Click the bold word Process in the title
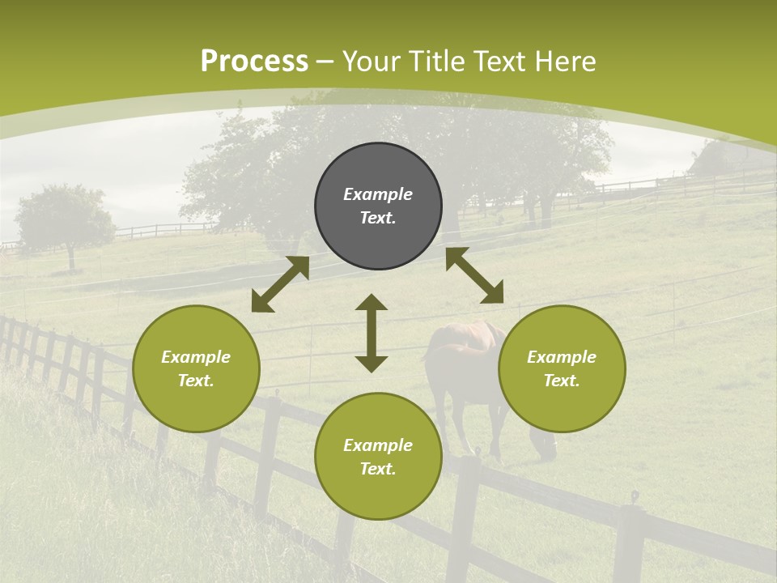(x=254, y=62)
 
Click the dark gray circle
(x=378, y=206)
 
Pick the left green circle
(x=196, y=368)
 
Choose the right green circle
(x=562, y=368)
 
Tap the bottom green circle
(x=378, y=456)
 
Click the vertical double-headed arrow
(x=372, y=333)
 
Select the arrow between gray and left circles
(x=280, y=284)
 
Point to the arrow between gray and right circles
(x=474, y=275)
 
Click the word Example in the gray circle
(x=378, y=194)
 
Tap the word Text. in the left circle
(x=196, y=381)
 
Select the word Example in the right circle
(x=562, y=357)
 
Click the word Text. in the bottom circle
(x=378, y=469)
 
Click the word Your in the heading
(x=369, y=62)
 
